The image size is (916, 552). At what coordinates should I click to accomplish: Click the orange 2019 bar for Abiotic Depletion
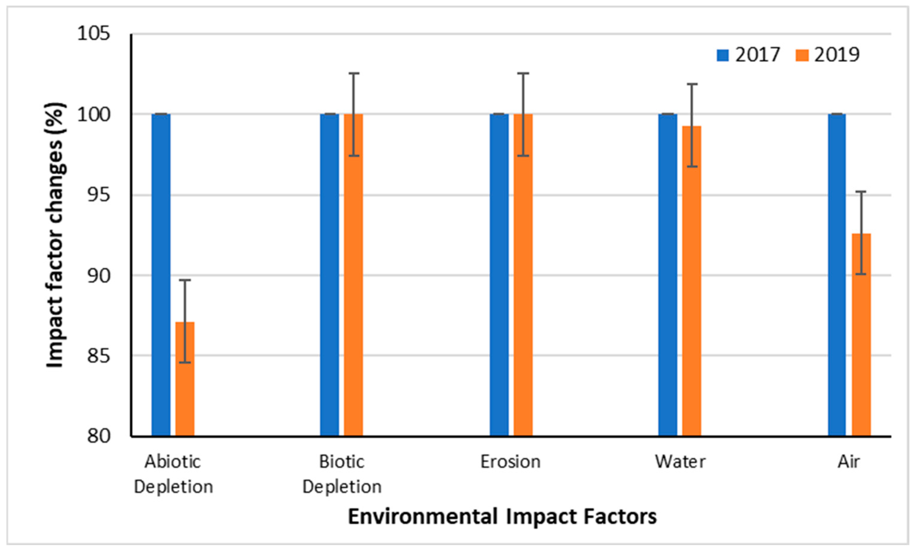click(x=185, y=379)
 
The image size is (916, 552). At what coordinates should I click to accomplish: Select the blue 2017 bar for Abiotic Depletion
click(x=161, y=275)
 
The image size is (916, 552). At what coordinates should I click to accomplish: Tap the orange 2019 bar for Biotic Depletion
click(x=353, y=275)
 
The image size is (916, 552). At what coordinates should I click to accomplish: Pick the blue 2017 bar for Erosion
click(x=499, y=275)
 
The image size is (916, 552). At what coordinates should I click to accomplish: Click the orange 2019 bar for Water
click(x=691, y=282)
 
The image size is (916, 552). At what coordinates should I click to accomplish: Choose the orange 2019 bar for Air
click(x=861, y=334)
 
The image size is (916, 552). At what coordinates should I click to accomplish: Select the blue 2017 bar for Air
click(x=837, y=275)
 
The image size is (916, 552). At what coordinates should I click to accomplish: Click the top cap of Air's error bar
click(x=861, y=192)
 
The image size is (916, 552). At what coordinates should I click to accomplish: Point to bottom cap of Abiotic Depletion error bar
click(x=185, y=362)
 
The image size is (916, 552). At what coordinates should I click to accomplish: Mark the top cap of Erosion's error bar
click(x=523, y=73)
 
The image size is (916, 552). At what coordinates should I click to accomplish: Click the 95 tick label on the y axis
click(x=99, y=195)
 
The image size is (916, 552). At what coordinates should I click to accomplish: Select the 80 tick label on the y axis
click(x=99, y=436)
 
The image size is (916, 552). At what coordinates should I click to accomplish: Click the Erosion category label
click(x=510, y=462)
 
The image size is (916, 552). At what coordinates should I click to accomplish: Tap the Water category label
click(x=680, y=462)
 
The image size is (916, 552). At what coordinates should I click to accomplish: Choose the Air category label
click(x=849, y=462)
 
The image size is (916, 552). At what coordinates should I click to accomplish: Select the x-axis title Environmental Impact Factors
click(x=502, y=517)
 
